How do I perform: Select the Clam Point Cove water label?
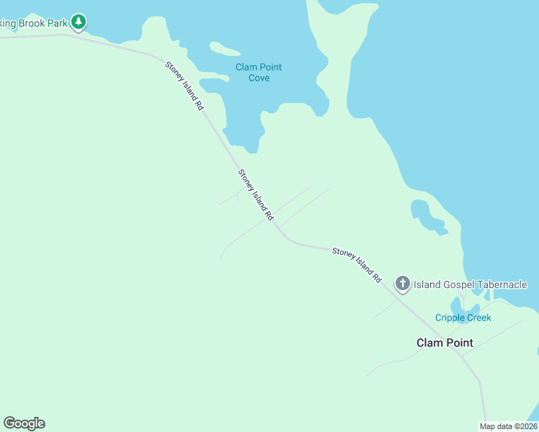(259, 72)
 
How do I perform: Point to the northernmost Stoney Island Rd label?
(185, 85)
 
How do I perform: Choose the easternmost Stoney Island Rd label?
(357, 264)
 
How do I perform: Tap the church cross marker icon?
(403, 284)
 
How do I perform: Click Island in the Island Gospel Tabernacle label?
(427, 285)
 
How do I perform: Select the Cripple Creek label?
(463, 318)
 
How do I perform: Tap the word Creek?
(478, 318)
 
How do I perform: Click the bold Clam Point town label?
(445, 343)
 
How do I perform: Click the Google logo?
(24, 423)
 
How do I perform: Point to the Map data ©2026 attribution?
(507, 426)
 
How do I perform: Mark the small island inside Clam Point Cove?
(224, 49)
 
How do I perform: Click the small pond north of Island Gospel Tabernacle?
(427, 217)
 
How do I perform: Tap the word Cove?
(259, 78)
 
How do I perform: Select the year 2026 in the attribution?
(525, 426)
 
